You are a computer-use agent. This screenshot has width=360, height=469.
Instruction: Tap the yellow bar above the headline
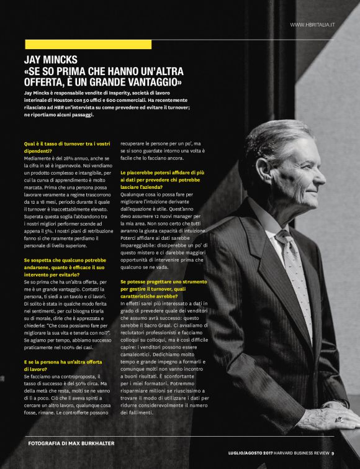88,44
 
